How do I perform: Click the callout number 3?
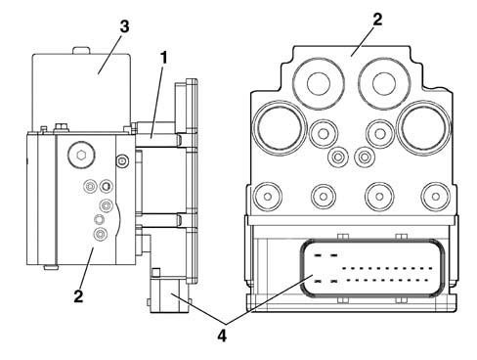pos(124,26)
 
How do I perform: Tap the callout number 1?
pos(163,58)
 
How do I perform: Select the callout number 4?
pos(222,336)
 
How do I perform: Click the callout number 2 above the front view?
pos(377,20)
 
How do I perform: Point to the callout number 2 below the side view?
pos(78,296)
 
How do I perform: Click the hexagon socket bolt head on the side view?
pos(81,156)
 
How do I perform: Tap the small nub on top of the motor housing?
pos(81,50)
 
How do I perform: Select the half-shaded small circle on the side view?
pos(106,187)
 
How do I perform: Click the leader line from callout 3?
pos(109,54)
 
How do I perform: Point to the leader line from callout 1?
pos(156,102)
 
